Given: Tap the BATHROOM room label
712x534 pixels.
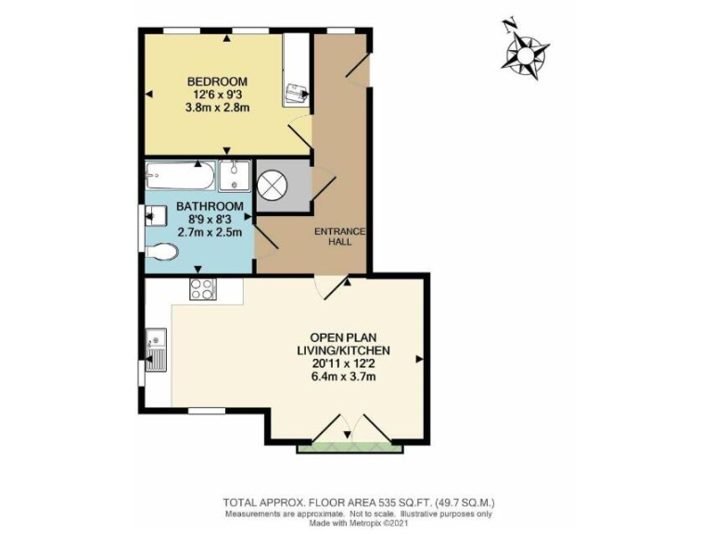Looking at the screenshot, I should [x=211, y=206].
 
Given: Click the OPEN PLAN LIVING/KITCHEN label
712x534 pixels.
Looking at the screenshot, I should [x=343, y=343].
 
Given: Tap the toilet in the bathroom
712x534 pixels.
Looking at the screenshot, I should [x=165, y=252].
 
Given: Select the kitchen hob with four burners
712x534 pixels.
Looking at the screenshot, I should [x=202, y=288].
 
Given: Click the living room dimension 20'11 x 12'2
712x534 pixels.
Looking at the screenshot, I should [x=343, y=363].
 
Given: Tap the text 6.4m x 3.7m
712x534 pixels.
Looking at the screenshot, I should [x=343, y=377].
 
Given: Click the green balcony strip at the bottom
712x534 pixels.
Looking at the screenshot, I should [x=350, y=450].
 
